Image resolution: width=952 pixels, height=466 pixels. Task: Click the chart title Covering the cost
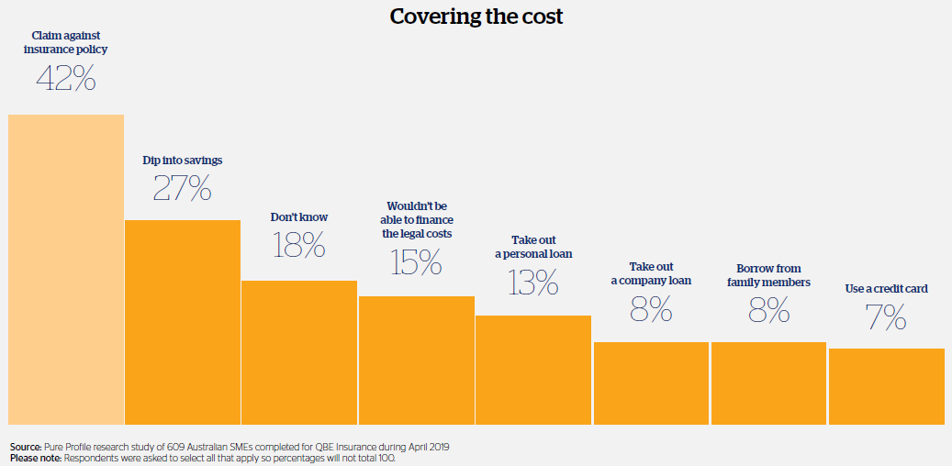[x=476, y=17]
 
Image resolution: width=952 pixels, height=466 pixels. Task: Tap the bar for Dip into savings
[x=182, y=322]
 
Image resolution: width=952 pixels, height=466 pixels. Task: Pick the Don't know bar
[x=299, y=352]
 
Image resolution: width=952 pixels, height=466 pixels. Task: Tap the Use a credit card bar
[x=886, y=386]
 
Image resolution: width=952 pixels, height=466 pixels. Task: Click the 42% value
[x=66, y=79]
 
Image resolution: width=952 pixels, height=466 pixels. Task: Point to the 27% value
[x=182, y=188]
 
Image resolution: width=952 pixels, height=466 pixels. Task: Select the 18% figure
[x=299, y=245]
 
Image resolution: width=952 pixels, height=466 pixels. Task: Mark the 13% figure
[x=533, y=282]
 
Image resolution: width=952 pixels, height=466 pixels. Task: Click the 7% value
[x=886, y=317]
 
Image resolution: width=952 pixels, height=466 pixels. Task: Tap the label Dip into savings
[x=183, y=161]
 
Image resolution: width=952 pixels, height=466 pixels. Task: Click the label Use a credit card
[x=886, y=289]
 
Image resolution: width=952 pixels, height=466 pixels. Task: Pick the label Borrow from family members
[x=768, y=275]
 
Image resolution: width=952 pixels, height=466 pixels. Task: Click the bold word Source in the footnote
[x=26, y=447]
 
